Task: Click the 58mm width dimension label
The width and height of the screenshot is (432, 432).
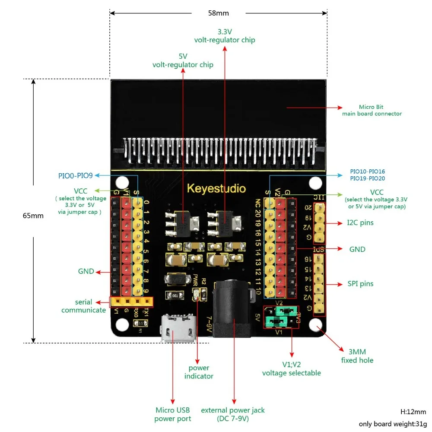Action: [218, 13]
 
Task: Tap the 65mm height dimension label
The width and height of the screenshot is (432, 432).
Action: [33, 216]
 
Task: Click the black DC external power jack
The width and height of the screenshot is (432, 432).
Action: [233, 308]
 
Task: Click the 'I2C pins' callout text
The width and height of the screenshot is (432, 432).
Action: [360, 223]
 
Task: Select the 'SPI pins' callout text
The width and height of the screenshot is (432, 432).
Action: [360, 284]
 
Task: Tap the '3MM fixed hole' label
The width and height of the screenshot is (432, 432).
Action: [357, 356]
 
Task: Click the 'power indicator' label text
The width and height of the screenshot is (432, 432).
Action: [199, 372]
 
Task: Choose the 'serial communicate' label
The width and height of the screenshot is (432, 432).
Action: [83, 306]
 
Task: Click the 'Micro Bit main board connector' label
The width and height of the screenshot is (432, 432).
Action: [372, 110]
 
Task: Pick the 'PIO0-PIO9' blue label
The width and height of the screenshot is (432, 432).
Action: [76, 176]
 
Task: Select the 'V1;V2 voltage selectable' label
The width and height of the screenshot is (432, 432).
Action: [291, 369]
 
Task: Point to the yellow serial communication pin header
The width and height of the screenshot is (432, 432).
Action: [132, 301]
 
